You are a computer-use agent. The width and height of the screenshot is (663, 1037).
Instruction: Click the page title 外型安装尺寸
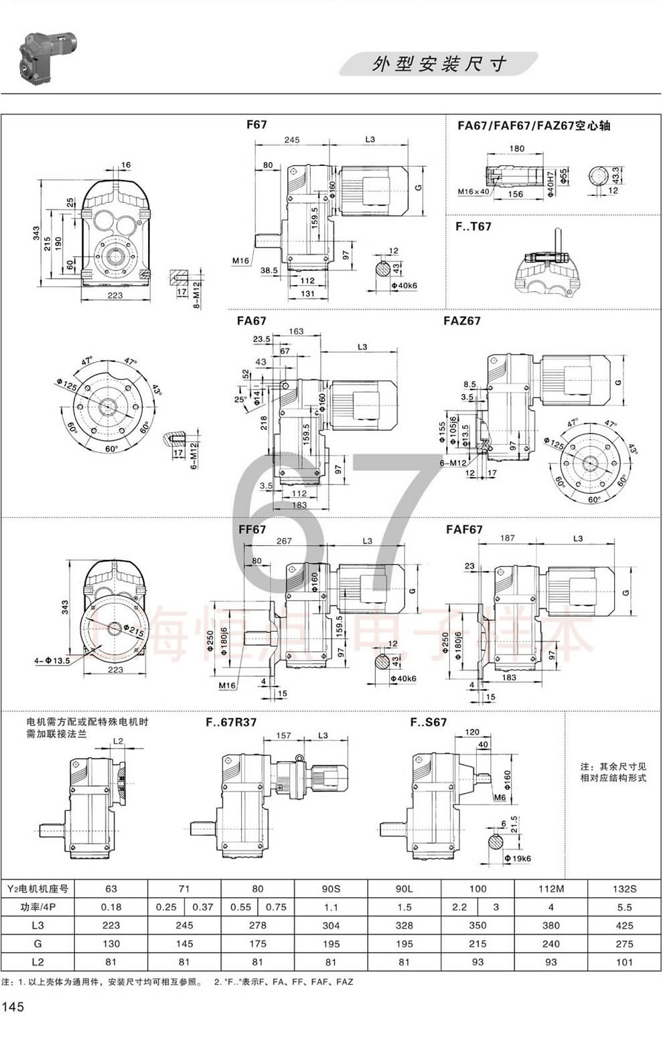coord(439,64)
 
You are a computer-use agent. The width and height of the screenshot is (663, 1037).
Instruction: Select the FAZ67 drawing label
coord(461,321)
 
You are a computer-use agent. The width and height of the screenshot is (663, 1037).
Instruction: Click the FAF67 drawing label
coord(464,529)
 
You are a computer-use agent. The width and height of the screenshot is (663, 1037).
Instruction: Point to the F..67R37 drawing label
coord(230,723)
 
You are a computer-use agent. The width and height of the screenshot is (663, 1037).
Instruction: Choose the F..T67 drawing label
coord(473,227)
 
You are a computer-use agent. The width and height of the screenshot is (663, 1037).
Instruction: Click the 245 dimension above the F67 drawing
coord(291,140)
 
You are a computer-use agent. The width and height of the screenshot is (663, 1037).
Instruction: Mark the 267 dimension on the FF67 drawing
coord(284,541)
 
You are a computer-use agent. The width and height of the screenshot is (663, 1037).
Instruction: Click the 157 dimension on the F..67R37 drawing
coord(283,735)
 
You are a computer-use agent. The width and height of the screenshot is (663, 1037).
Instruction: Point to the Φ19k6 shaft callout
coord(517,858)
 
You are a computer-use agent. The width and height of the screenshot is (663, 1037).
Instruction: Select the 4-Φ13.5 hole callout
coord(52,661)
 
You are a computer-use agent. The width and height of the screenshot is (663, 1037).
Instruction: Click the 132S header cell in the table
coord(623,889)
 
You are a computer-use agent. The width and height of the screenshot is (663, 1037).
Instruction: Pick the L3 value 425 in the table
coord(623,925)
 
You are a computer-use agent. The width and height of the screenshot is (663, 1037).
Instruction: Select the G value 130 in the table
coord(111,943)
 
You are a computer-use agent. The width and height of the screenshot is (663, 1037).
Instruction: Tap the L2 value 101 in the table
coord(623,961)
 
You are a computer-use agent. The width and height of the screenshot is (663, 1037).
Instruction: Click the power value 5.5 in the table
coord(623,907)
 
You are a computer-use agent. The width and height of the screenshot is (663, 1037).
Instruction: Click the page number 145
coord(13,1007)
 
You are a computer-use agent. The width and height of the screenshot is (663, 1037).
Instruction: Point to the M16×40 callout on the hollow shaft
coord(473,191)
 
